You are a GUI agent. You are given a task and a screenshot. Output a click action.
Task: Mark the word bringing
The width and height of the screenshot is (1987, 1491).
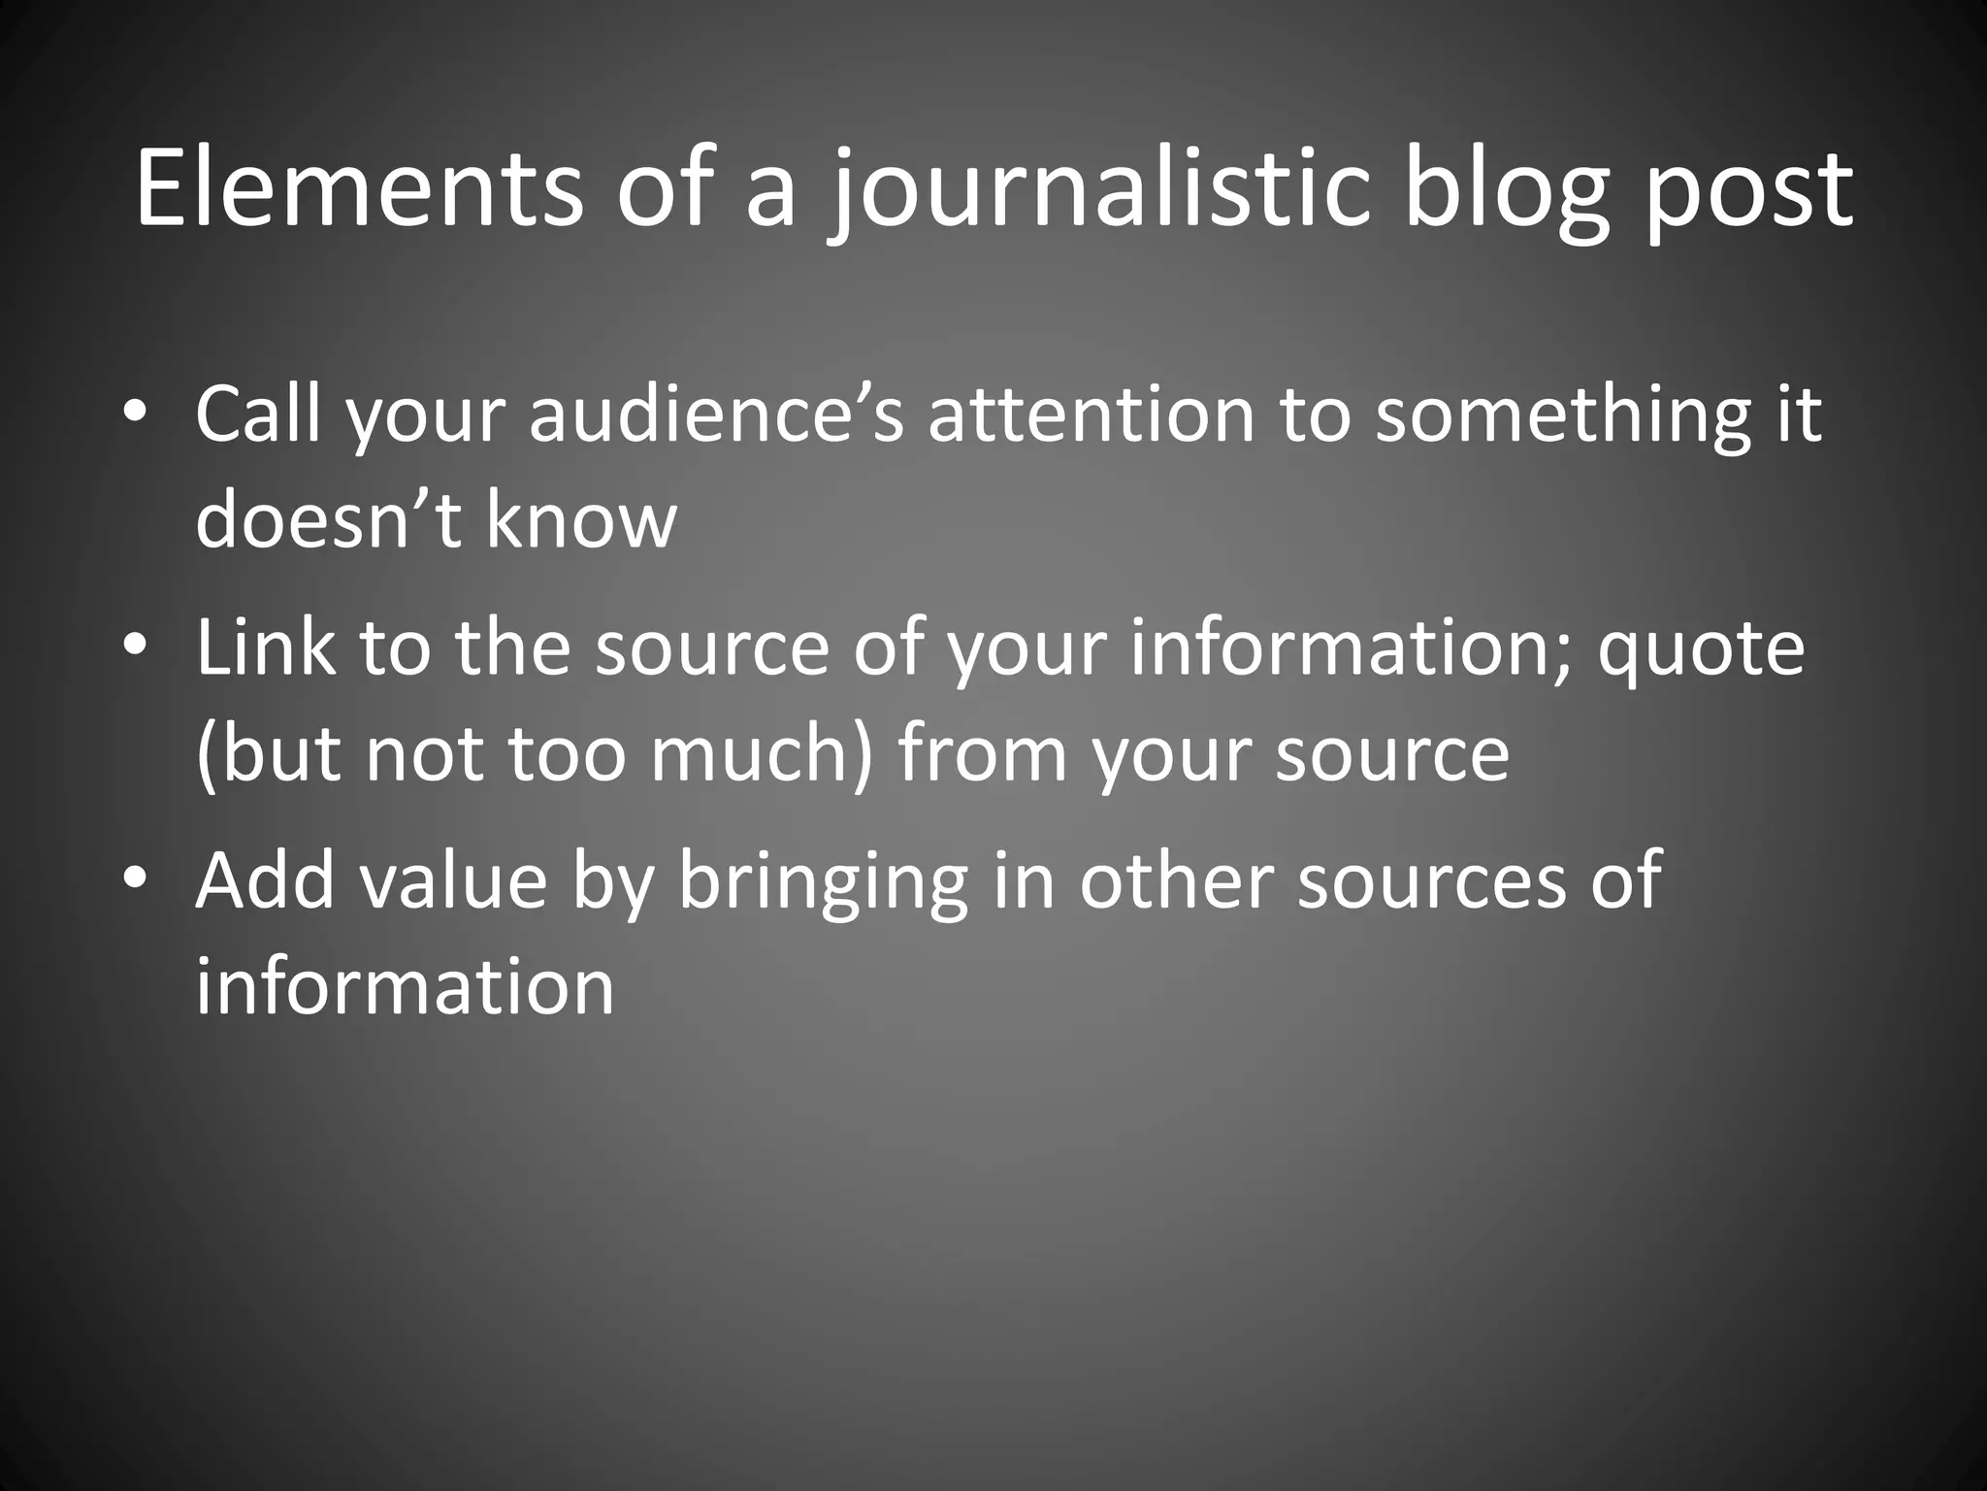[823, 879]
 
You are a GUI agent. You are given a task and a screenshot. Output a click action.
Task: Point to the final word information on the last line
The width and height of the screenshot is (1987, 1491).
[405, 986]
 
